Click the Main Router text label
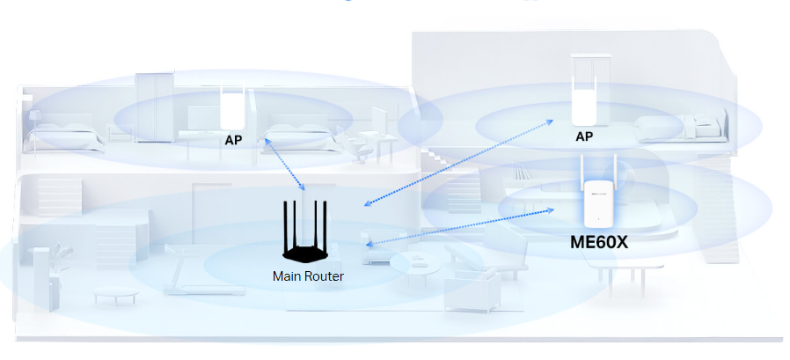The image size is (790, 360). (308, 276)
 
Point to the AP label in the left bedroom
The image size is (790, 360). (233, 140)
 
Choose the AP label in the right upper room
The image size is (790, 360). (584, 137)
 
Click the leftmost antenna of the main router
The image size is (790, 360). (284, 224)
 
